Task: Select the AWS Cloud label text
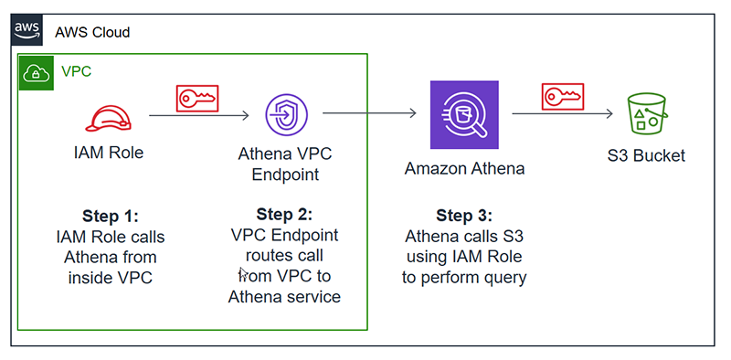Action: tap(92, 32)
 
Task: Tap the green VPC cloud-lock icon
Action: tap(37, 71)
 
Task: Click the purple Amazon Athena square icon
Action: tap(465, 113)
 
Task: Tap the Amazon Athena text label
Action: tap(465, 169)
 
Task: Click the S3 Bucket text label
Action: tap(646, 155)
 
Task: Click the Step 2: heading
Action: tap(284, 215)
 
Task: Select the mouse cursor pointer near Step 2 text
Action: tap(242, 272)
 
